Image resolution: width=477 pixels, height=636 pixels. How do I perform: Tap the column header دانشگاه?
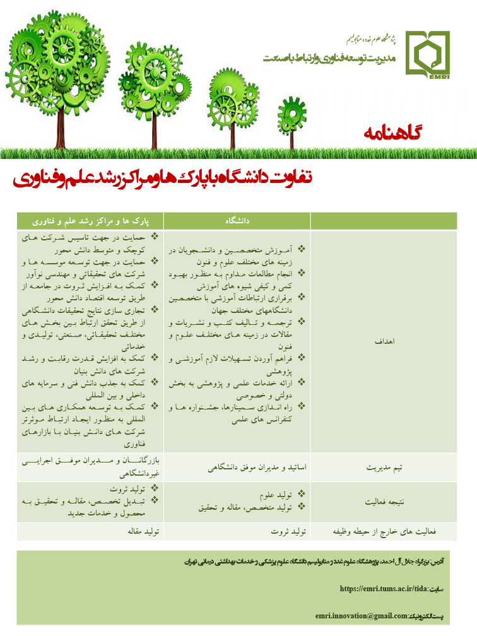pyautogui.click(x=237, y=221)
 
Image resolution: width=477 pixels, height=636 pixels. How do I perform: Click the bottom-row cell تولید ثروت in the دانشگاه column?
pyautogui.click(x=291, y=532)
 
